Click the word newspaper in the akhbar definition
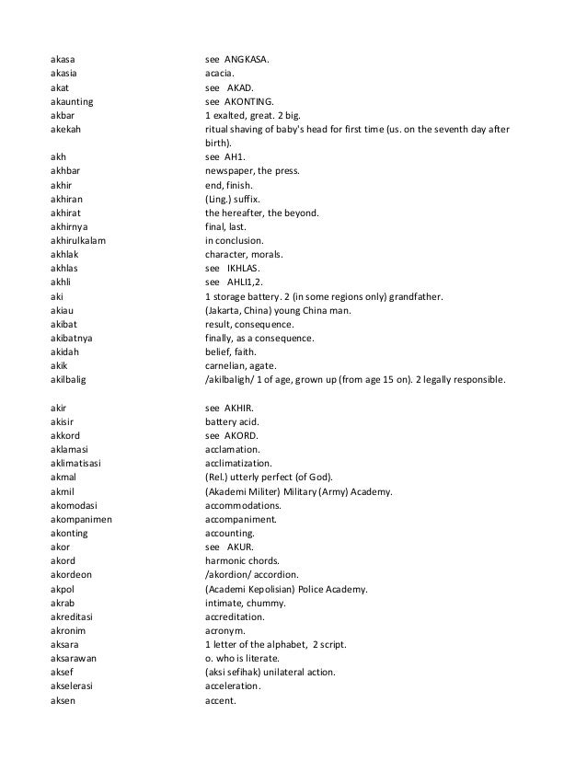click(231, 171)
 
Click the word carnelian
click(226, 363)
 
